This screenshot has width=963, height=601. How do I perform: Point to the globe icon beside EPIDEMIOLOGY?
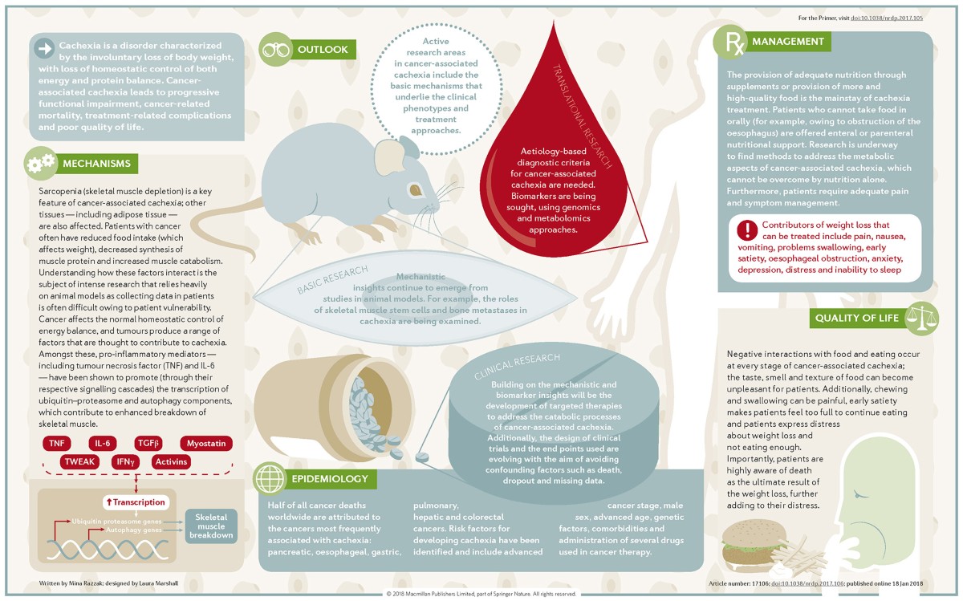(268, 479)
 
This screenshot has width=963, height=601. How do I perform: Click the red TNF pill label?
(55, 443)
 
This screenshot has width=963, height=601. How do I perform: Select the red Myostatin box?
(205, 443)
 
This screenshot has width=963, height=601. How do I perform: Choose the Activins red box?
(171, 461)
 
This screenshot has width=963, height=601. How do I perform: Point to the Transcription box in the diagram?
(136, 502)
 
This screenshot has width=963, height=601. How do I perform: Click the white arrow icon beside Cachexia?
(44, 50)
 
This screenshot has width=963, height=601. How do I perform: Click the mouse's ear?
(406, 147)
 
